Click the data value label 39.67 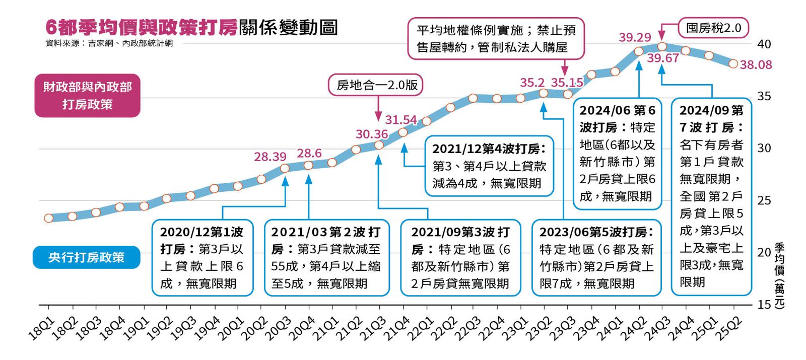pyautogui.click(x=663, y=58)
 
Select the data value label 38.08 pyautogui.click(x=756, y=65)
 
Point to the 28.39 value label pyautogui.click(x=270, y=157)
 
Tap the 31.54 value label pyautogui.click(x=401, y=120)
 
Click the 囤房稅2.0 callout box pyautogui.click(x=713, y=28)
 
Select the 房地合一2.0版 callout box pyautogui.click(x=377, y=85)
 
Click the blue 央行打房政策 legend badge pyautogui.click(x=86, y=257)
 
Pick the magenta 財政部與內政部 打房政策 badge pyautogui.click(x=87, y=96)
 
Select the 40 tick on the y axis pyautogui.click(x=764, y=44)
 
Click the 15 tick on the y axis pyautogui.click(x=764, y=304)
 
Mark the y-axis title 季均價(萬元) pyautogui.click(x=779, y=274)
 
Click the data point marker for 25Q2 pyautogui.click(x=733, y=64)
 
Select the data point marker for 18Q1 pyautogui.click(x=48, y=218)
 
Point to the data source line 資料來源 pyautogui.click(x=109, y=43)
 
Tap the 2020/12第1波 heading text pyautogui.click(x=201, y=232)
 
